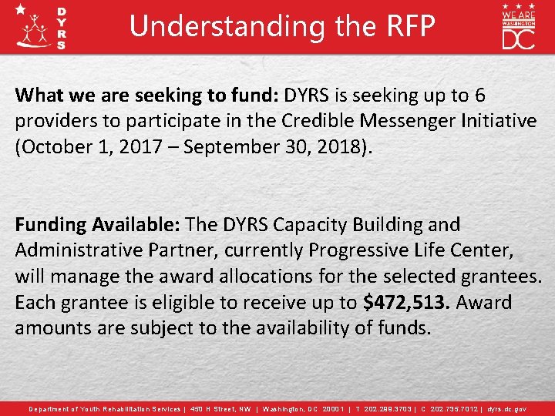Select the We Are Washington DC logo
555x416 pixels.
click(x=518, y=26)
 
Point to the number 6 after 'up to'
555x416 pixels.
click(x=479, y=96)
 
